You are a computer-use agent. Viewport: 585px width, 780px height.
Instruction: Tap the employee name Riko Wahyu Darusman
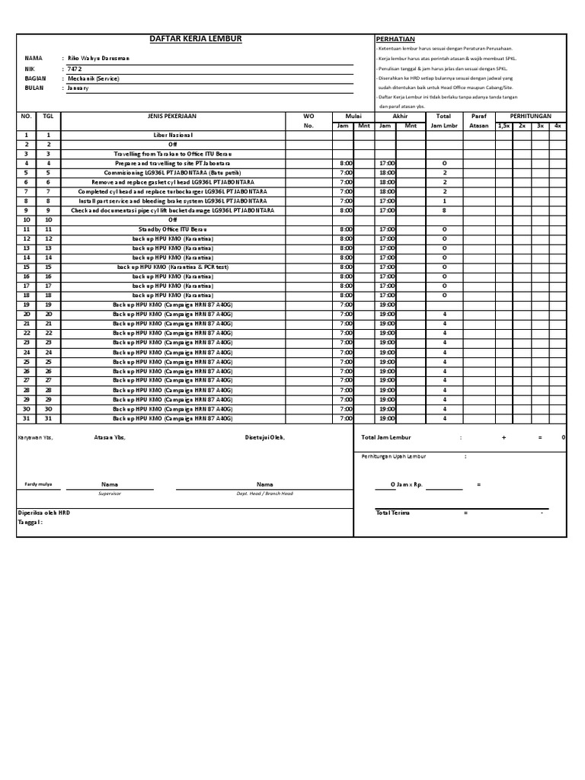(100, 59)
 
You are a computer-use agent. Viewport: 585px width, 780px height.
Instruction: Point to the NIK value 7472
(75, 69)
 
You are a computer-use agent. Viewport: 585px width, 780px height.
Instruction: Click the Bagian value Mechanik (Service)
(94, 78)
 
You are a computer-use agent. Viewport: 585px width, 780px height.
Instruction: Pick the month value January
(78, 88)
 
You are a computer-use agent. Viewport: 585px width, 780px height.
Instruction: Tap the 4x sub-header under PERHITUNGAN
(558, 125)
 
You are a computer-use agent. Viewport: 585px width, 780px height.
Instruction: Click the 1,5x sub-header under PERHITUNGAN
(503, 125)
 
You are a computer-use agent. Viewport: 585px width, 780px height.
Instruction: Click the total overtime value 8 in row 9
(444, 210)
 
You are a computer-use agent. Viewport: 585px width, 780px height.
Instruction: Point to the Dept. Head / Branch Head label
(264, 494)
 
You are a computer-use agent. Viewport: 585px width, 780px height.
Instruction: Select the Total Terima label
(393, 513)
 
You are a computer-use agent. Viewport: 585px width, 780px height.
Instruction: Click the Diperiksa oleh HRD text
(44, 513)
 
